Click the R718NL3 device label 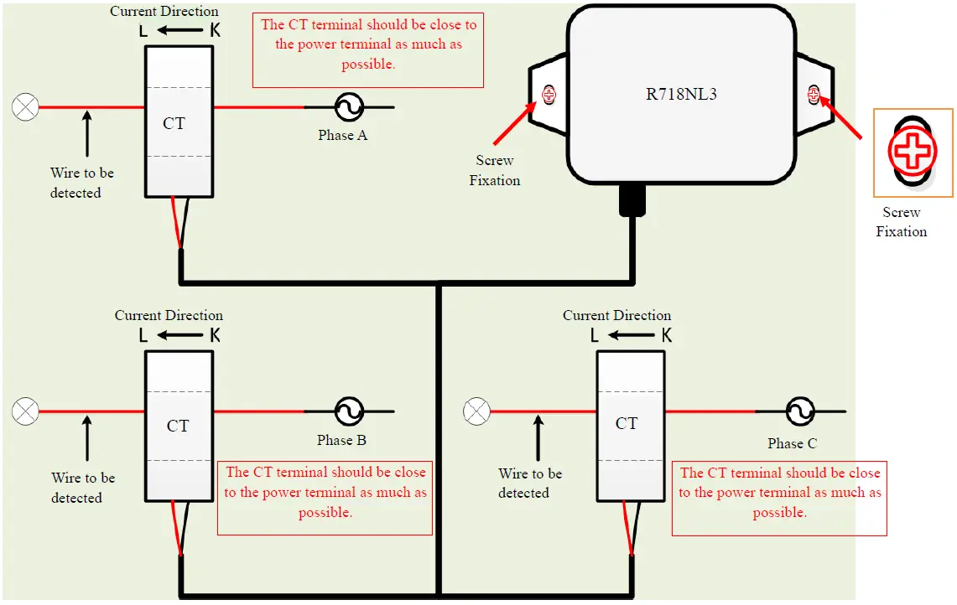pyautogui.click(x=681, y=94)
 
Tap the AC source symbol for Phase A pyautogui.click(x=349, y=107)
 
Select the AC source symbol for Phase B pyautogui.click(x=349, y=411)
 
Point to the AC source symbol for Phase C pyautogui.click(x=800, y=411)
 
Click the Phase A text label pyautogui.click(x=342, y=136)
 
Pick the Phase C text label pyautogui.click(x=793, y=443)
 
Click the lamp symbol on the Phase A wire pyautogui.click(x=26, y=107)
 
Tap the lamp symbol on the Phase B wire pyautogui.click(x=26, y=411)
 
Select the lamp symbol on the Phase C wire pyautogui.click(x=476, y=411)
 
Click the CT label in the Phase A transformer pyautogui.click(x=174, y=123)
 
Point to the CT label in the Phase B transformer pyautogui.click(x=178, y=426)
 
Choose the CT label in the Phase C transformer pyautogui.click(x=627, y=423)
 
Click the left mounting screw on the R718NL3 pyautogui.click(x=549, y=95)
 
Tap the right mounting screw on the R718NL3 pyautogui.click(x=814, y=95)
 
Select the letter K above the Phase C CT pyautogui.click(x=667, y=335)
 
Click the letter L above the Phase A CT pyautogui.click(x=143, y=30)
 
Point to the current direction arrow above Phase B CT pyautogui.click(x=180, y=335)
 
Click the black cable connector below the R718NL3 pyautogui.click(x=632, y=200)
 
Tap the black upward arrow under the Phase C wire pyautogui.click(x=538, y=438)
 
